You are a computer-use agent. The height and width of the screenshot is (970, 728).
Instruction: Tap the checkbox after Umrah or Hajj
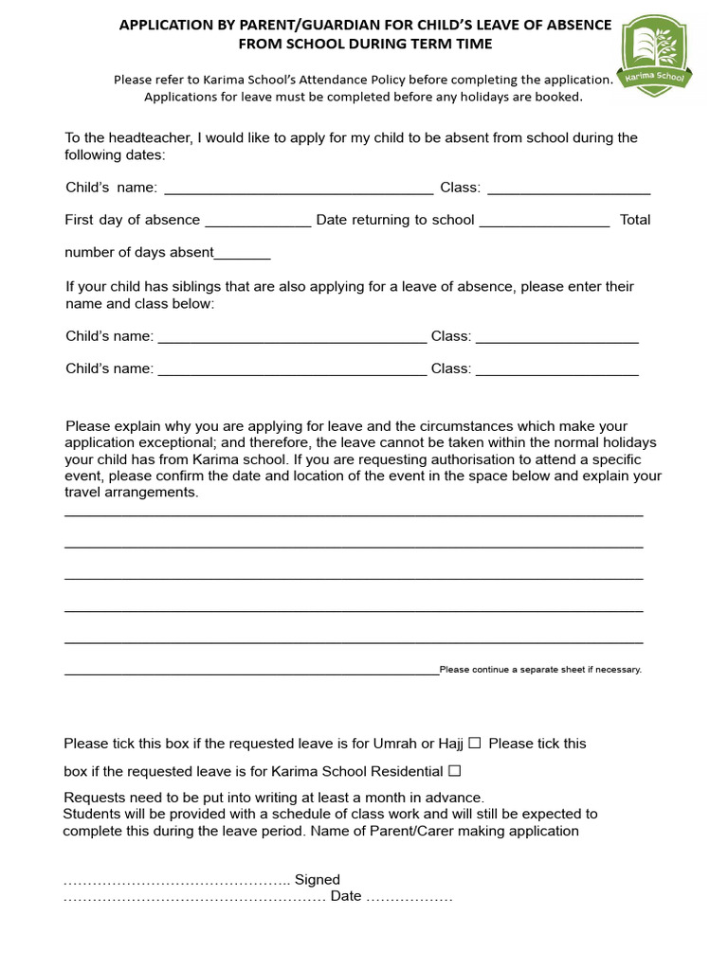[x=475, y=744]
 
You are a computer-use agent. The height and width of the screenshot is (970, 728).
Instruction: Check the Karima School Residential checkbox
[x=454, y=772]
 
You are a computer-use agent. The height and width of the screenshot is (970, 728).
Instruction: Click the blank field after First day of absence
[x=258, y=221]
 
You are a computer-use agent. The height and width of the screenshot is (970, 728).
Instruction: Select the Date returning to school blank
[x=544, y=221]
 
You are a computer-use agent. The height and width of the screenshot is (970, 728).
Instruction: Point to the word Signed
[x=318, y=880]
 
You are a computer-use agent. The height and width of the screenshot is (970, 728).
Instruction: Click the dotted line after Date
[x=409, y=896]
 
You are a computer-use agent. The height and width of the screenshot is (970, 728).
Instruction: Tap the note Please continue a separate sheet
[x=540, y=670]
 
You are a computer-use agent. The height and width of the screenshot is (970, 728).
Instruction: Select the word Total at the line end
[x=635, y=220]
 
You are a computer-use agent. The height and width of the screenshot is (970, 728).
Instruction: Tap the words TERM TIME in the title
[x=448, y=44]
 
